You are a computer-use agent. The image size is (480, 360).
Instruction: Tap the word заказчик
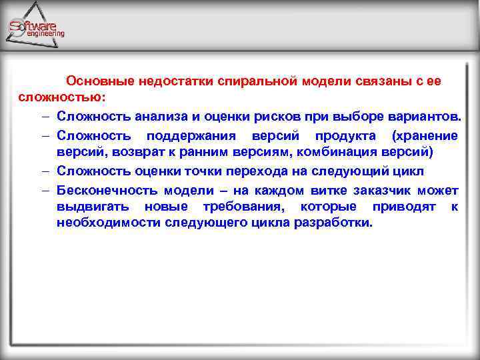click(367, 189)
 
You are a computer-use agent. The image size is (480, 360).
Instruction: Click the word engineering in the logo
click(45, 33)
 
